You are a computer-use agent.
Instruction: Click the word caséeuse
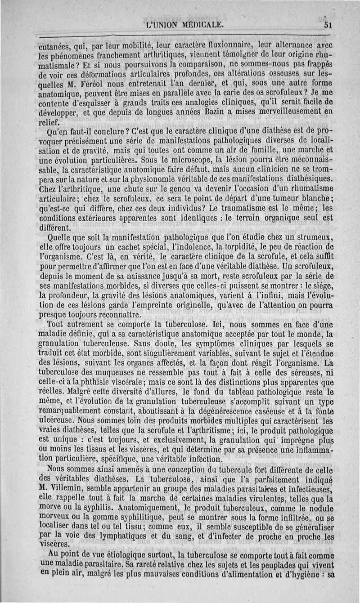point(253,412)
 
